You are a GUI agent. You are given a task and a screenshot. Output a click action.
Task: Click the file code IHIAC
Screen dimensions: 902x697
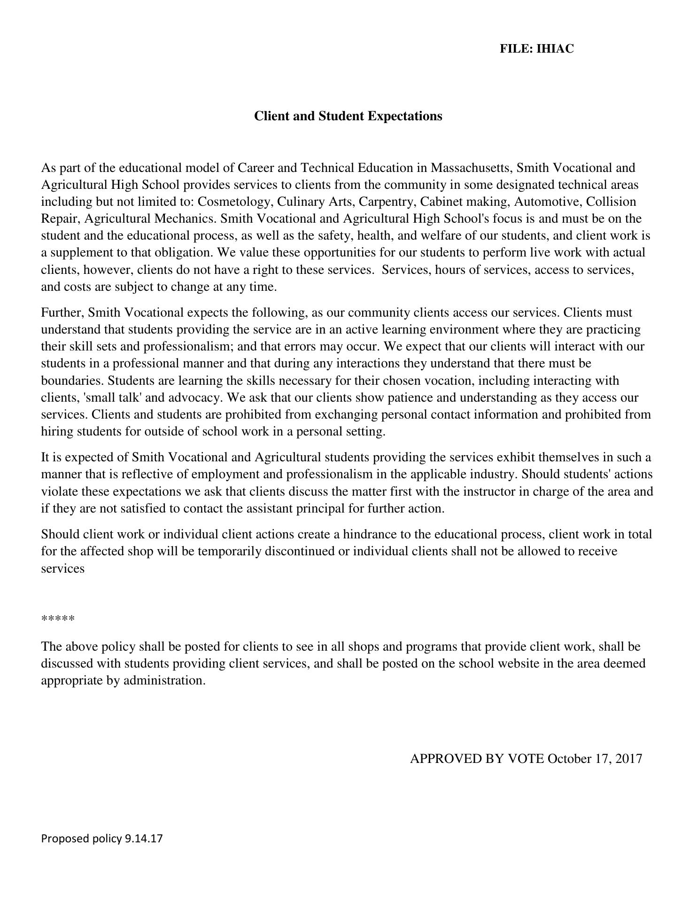coord(555,49)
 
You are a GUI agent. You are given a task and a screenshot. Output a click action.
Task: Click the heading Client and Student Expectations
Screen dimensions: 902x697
coord(348,116)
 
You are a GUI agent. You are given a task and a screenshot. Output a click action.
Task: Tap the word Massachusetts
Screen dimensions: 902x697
coord(472,168)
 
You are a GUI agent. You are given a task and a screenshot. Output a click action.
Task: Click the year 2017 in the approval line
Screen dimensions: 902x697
coord(627,759)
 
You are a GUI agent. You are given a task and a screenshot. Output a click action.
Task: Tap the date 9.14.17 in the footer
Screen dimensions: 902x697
coord(144,839)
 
